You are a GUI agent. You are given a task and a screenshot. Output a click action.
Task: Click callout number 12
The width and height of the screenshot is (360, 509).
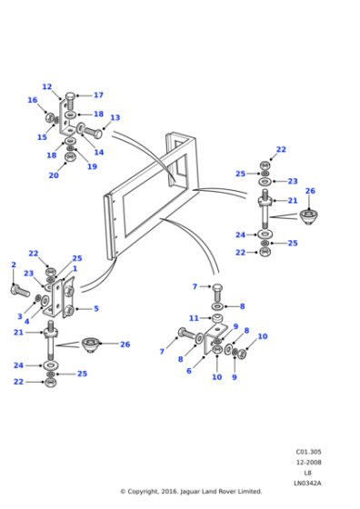[x=47, y=87]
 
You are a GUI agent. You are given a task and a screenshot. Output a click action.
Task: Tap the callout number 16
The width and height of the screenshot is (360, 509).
[x=33, y=101]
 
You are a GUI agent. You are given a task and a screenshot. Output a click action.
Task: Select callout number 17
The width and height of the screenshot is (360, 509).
[x=98, y=95]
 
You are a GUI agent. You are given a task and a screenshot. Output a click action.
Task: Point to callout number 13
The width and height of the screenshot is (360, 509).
[x=115, y=118]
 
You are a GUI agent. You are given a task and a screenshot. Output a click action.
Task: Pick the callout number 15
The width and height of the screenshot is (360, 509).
[x=42, y=137]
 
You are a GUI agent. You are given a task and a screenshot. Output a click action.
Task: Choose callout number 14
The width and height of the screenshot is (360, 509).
[x=98, y=153]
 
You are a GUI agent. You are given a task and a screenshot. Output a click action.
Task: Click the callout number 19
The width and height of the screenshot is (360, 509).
[x=92, y=166]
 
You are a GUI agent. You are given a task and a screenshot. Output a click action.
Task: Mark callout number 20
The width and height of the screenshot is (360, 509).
[x=53, y=175]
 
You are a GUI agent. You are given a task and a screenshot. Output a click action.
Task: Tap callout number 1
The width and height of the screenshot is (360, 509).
[x=75, y=269]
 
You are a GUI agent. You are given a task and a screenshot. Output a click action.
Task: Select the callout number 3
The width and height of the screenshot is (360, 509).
[x=19, y=316]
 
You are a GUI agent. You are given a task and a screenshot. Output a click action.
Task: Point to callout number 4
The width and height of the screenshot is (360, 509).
[x=26, y=323]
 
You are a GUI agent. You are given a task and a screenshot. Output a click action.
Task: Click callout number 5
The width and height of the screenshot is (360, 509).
[x=95, y=309]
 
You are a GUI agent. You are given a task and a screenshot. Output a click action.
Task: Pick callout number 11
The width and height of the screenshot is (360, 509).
[x=194, y=318]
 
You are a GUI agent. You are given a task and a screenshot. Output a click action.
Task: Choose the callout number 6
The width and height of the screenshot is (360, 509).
[x=188, y=371]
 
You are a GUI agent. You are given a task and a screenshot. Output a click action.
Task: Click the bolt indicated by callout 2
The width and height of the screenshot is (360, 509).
[x=21, y=290]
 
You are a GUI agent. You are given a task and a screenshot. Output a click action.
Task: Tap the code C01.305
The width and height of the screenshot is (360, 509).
[x=308, y=452]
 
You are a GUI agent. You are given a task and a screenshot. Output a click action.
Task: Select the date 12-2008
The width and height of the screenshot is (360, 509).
[x=308, y=462]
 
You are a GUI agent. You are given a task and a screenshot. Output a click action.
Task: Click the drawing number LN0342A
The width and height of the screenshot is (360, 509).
[x=308, y=483]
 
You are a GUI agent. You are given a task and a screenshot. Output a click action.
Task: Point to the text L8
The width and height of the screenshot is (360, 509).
[x=308, y=473]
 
